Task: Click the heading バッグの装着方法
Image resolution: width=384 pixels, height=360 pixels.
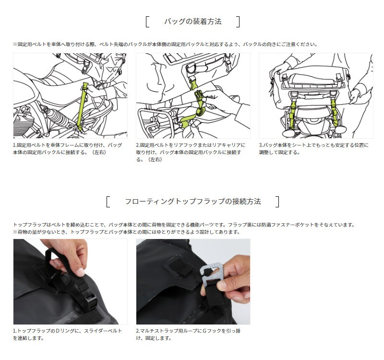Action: tap(193, 22)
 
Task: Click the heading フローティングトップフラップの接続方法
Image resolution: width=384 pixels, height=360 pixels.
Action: tap(193, 202)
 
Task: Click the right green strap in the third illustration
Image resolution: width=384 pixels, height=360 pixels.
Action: tap(335, 111)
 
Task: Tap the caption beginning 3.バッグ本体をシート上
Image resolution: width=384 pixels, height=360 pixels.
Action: tap(314, 149)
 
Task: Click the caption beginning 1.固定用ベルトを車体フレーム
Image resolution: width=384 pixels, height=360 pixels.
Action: tap(67, 149)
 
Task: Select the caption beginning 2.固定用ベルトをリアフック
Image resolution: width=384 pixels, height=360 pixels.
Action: tap(191, 152)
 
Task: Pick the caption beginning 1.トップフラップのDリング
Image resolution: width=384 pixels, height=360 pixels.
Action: tap(67, 335)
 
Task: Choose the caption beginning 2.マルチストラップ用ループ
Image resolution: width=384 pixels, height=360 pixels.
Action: tap(188, 335)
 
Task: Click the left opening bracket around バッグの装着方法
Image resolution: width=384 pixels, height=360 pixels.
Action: tap(147, 22)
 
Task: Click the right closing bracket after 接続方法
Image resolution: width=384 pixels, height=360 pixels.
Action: tap(277, 202)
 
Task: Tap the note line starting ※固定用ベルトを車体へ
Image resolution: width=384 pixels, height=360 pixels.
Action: tap(166, 44)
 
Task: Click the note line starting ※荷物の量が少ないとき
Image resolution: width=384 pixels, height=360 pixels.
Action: tap(127, 232)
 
